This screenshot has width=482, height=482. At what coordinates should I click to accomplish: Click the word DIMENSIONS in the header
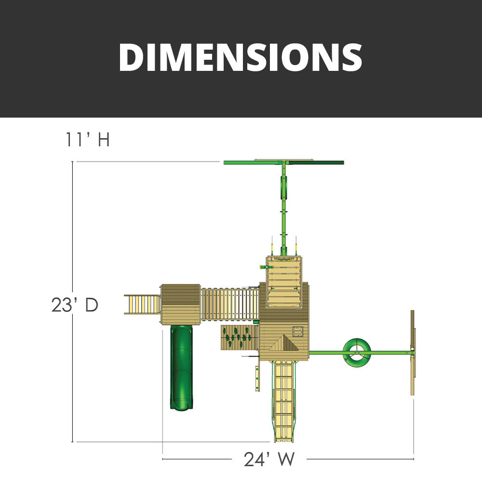pos(241,57)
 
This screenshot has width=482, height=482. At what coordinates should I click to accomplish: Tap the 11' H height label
pos(88,139)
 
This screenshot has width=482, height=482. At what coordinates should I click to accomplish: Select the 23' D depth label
pos(75,305)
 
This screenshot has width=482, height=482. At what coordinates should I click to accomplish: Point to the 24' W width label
pos(269,459)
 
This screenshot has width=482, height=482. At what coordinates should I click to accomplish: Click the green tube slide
pos(182,367)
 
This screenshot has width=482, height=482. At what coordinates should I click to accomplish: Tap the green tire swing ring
pos(357,353)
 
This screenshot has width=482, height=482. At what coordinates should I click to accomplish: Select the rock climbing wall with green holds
pos(240,337)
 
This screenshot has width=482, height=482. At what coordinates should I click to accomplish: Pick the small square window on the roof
pos(297,332)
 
